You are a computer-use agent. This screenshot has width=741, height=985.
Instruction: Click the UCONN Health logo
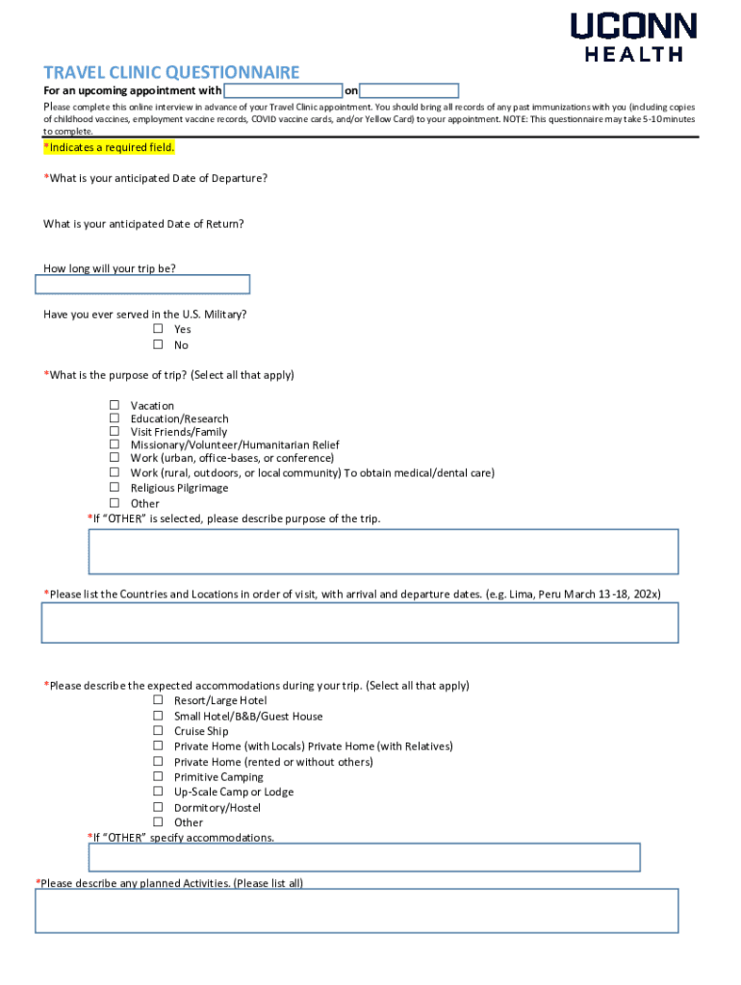[x=633, y=37]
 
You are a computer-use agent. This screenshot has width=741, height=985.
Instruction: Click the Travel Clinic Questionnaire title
[x=171, y=72]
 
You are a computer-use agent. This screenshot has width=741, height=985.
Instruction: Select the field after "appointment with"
[x=283, y=91]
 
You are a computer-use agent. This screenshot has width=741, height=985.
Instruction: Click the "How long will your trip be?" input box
[x=142, y=285]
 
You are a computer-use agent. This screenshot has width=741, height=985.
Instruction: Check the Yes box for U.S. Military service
[x=158, y=329]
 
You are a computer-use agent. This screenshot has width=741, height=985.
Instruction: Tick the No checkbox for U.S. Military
[x=158, y=344]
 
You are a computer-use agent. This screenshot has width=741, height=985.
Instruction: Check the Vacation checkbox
[x=115, y=405]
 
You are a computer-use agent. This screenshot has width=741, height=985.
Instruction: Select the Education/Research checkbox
[x=115, y=418]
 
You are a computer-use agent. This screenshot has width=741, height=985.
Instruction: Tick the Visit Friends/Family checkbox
[x=115, y=432]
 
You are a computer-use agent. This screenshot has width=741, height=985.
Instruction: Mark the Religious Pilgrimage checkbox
[x=115, y=488]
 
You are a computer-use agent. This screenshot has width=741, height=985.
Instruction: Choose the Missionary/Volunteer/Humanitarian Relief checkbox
[x=115, y=445]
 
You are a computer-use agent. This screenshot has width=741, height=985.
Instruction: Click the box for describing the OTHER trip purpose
[x=383, y=551]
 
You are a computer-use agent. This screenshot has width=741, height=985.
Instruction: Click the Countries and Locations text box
[x=359, y=622]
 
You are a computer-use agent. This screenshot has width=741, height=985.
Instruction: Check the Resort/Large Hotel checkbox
[x=158, y=700]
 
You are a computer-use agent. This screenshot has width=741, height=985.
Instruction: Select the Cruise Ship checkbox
[x=158, y=731]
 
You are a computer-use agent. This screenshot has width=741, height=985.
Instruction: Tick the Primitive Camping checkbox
[x=158, y=776]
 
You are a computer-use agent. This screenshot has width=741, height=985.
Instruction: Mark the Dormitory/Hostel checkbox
[x=158, y=807]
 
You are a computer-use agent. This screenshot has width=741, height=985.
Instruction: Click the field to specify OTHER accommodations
[x=364, y=857]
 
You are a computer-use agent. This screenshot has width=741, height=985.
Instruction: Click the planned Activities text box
[x=356, y=910]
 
